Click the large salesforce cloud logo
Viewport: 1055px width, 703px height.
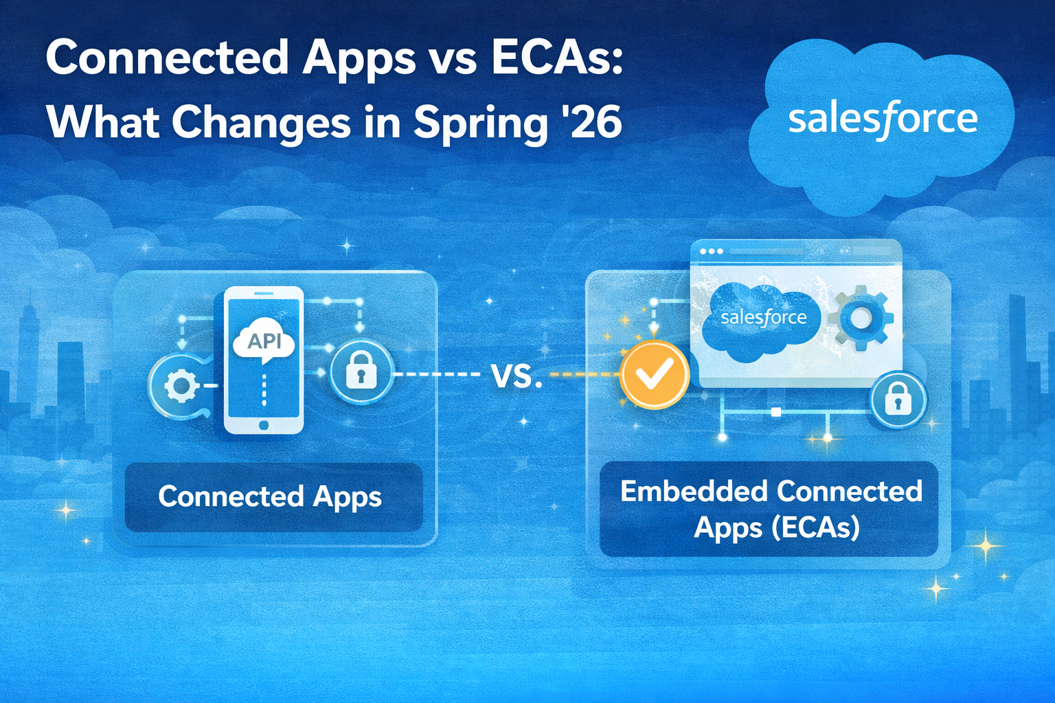pos(882,120)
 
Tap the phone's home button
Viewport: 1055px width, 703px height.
pos(264,426)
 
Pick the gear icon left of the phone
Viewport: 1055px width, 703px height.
pos(180,386)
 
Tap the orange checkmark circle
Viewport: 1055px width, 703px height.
pos(654,375)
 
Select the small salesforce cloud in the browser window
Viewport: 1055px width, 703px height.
pos(763,320)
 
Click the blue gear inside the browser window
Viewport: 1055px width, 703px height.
pos(860,319)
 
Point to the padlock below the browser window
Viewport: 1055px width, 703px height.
pos(898,400)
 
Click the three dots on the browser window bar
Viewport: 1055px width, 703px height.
pos(711,251)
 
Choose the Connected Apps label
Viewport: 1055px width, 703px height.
pos(270,496)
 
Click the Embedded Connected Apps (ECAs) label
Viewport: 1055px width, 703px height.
pos(770,509)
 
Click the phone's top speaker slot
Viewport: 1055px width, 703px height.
pos(264,293)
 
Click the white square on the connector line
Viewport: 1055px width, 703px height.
pos(776,412)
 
